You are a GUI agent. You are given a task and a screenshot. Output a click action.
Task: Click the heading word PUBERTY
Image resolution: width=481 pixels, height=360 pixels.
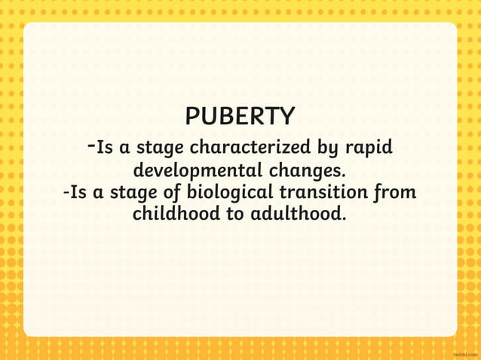240,117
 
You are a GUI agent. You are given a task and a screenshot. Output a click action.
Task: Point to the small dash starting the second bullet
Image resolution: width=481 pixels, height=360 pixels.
67,192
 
